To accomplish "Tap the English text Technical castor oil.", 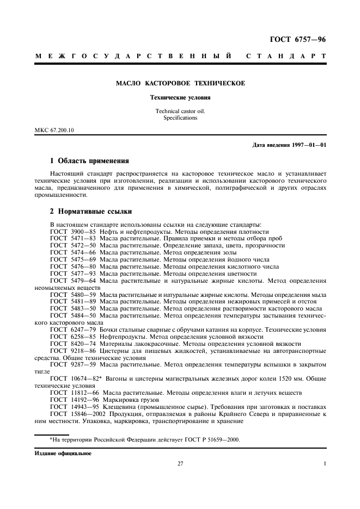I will (180, 111).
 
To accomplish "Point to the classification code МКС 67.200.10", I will (54, 131).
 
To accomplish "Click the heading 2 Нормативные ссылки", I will (90, 211).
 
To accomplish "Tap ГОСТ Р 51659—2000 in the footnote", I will (209, 440).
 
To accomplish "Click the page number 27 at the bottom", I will (180, 464).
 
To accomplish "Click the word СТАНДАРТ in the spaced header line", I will (286, 56).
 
